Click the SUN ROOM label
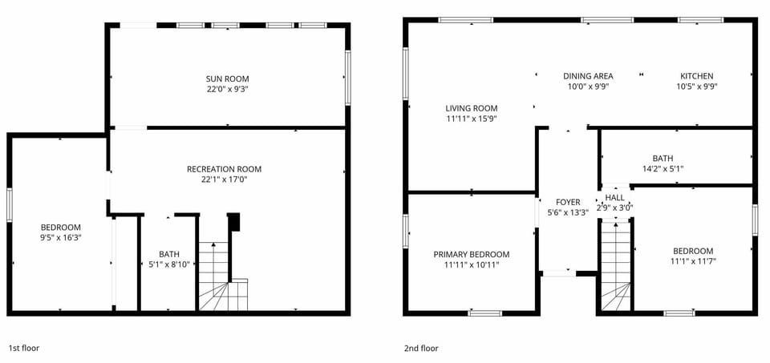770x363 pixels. point(227,79)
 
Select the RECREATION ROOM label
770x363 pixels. point(224,169)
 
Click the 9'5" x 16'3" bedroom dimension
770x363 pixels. point(62,237)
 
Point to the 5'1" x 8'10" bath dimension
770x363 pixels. point(169,264)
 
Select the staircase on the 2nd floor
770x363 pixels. point(616,268)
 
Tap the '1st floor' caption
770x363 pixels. point(23,349)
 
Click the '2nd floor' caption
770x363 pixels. point(421,349)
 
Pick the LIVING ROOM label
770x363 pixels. point(472,108)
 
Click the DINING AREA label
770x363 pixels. point(588,76)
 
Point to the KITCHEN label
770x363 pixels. point(696,76)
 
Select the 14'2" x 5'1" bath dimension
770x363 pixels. point(663,169)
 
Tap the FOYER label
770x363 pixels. point(568,202)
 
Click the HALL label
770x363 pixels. point(615,197)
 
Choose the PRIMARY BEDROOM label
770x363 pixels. point(472,255)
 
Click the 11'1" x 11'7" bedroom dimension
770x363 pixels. point(693,261)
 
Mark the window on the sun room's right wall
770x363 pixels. point(348,78)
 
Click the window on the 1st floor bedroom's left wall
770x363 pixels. point(9,205)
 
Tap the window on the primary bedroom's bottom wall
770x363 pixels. point(484,313)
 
